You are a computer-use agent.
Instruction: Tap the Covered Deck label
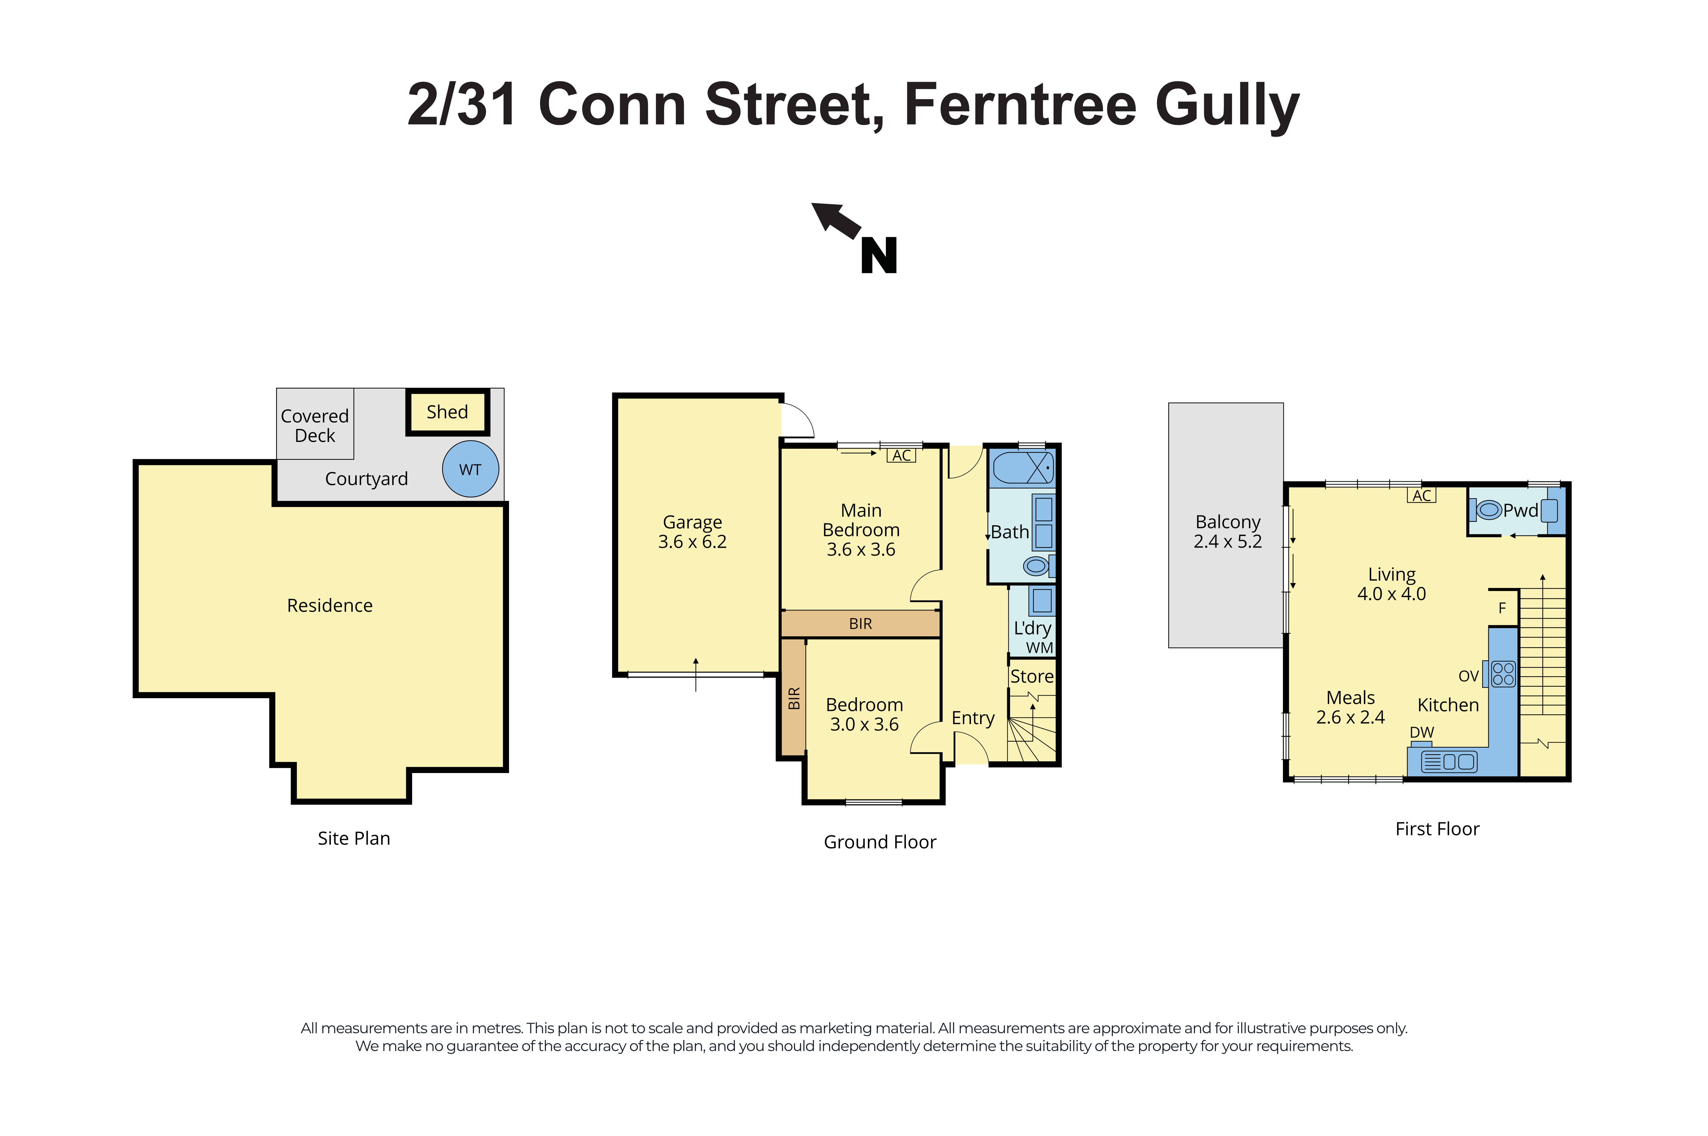(x=314, y=425)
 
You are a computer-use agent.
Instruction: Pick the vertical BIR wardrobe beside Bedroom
(x=794, y=698)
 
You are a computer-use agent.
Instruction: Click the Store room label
(x=1031, y=676)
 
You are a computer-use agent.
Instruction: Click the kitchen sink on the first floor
(x=1449, y=761)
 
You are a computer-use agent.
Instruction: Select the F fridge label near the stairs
(x=1502, y=608)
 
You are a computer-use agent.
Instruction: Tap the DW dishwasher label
(x=1421, y=733)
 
